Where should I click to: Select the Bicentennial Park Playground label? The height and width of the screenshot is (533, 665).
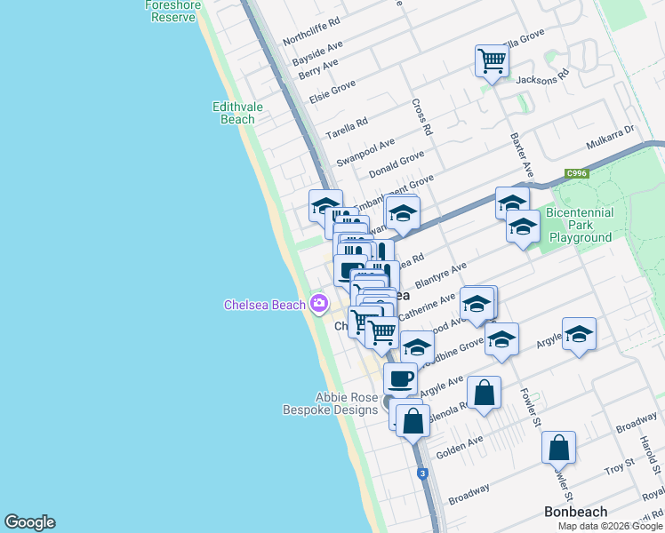point(581,226)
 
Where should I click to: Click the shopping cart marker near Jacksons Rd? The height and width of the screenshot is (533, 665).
point(491,61)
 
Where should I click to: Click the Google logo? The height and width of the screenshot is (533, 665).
point(29,522)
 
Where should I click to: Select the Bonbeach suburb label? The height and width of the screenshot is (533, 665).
point(575,512)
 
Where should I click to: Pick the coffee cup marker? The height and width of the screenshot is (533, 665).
point(400,379)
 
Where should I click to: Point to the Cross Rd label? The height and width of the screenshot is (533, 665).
point(422,116)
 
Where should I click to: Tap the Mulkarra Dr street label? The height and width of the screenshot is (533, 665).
point(609,139)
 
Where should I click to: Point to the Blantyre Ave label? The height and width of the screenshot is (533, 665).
point(445,274)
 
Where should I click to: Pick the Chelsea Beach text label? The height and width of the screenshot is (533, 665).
point(264,306)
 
